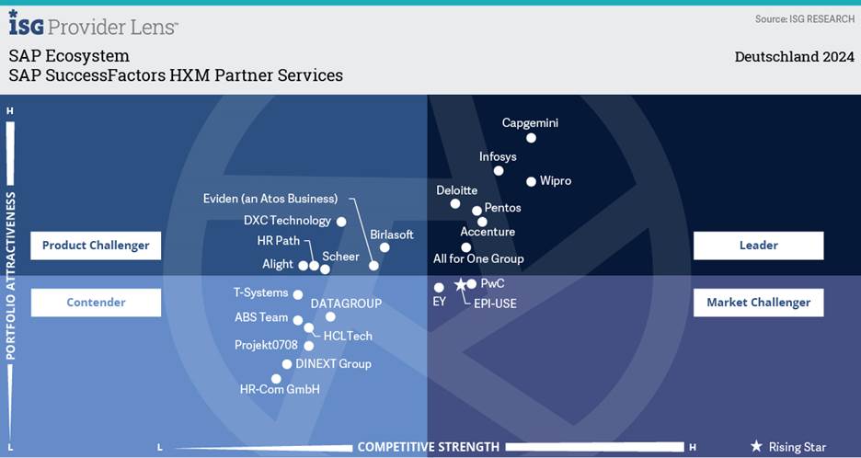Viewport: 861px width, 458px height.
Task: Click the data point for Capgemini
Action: click(x=531, y=138)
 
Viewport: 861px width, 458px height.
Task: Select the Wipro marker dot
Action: click(x=531, y=181)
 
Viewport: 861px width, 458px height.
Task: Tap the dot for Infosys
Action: click(x=499, y=170)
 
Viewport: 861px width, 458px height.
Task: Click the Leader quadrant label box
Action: click(x=758, y=246)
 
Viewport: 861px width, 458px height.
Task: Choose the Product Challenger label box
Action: click(x=96, y=246)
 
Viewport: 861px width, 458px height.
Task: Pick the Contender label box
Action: click(x=96, y=302)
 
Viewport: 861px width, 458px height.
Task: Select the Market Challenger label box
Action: click(x=758, y=302)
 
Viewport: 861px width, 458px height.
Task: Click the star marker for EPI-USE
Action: click(x=460, y=285)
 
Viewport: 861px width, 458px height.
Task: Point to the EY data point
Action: click(x=439, y=288)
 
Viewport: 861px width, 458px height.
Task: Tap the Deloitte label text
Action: click(x=456, y=190)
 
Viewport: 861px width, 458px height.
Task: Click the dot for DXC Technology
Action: click(x=341, y=222)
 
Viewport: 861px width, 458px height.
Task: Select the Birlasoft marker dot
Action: click(x=385, y=247)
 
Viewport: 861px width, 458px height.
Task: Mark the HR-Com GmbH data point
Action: click(x=276, y=378)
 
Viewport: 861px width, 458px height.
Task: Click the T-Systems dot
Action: click(x=297, y=294)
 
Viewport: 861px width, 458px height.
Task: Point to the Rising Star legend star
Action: click(x=756, y=446)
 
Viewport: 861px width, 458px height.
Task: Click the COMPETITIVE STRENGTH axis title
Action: click(x=428, y=447)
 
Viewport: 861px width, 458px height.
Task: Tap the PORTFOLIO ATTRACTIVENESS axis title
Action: click(x=11, y=276)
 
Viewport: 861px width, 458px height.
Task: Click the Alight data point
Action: click(x=303, y=265)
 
